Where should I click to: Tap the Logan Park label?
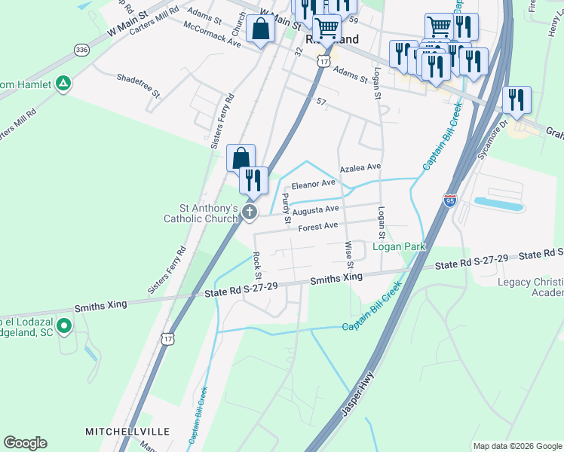coord(399,246)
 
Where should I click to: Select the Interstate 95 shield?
coord(450,200)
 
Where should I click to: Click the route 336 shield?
coord(81,49)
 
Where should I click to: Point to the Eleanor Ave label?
coord(313,183)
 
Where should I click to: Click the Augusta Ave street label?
coord(317,209)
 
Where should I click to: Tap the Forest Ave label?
coord(317,226)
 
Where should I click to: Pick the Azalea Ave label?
coord(360,168)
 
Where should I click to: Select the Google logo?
coord(25,444)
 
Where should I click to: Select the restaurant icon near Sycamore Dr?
coord(516,99)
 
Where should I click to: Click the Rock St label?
coord(258,262)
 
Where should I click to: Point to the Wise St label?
coord(349,255)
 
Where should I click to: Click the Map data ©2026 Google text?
coord(516,446)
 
